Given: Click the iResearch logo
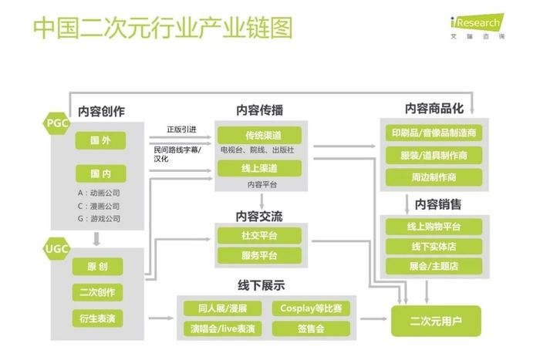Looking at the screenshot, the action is click(478, 26).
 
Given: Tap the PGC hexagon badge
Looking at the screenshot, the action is click(56, 123).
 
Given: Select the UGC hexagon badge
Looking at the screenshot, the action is click(56, 248).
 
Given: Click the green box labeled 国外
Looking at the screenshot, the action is click(100, 140).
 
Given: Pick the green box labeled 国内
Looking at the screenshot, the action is click(100, 173).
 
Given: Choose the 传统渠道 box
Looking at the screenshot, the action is click(260, 135).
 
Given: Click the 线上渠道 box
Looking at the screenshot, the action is click(260, 168).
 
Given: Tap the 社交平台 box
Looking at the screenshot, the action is click(260, 236).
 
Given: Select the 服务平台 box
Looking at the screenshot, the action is click(260, 255).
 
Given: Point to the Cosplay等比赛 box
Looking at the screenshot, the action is click(311, 308).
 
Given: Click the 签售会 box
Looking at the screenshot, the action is click(311, 328).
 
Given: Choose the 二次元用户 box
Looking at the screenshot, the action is click(436, 321).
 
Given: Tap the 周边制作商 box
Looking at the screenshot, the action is click(434, 177).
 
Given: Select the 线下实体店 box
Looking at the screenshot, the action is click(434, 247).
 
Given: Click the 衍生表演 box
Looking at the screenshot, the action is click(97, 318).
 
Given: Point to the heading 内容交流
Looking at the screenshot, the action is click(259, 217).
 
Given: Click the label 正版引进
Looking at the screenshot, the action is click(181, 130).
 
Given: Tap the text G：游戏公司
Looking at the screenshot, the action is click(100, 219).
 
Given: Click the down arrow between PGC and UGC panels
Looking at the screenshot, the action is click(96, 239).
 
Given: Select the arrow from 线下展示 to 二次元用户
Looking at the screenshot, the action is click(373, 319).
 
